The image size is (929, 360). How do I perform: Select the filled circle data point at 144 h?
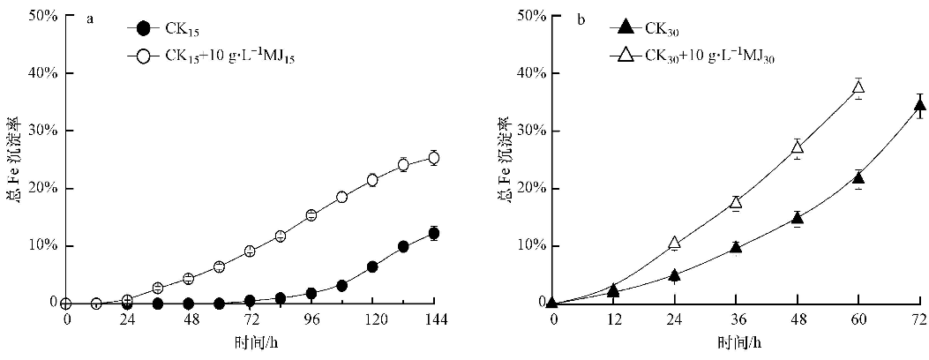[433, 234]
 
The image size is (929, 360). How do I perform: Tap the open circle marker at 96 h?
[311, 215]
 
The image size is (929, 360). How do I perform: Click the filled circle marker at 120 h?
[372, 266]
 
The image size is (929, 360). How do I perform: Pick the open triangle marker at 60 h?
[858, 86]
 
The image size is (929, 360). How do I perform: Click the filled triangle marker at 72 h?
[919, 106]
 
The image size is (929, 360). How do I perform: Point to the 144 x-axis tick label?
[433, 319]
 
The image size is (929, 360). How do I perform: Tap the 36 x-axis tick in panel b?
[736, 319]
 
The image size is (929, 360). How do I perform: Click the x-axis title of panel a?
[250, 341]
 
